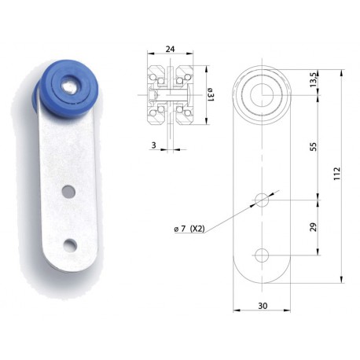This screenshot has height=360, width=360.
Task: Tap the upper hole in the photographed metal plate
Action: [x=69, y=192]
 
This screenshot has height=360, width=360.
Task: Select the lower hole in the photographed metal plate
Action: [x=70, y=245]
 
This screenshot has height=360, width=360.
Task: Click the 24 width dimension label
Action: [x=170, y=49]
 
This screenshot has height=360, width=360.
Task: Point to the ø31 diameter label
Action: [x=211, y=94]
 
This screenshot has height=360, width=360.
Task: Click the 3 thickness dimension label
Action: [x=153, y=145]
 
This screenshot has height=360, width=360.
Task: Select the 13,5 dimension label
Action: [x=314, y=79]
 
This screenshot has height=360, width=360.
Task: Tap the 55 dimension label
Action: [x=314, y=146]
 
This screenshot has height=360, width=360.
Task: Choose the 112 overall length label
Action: [x=336, y=173]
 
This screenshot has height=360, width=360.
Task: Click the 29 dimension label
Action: [x=314, y=227]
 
